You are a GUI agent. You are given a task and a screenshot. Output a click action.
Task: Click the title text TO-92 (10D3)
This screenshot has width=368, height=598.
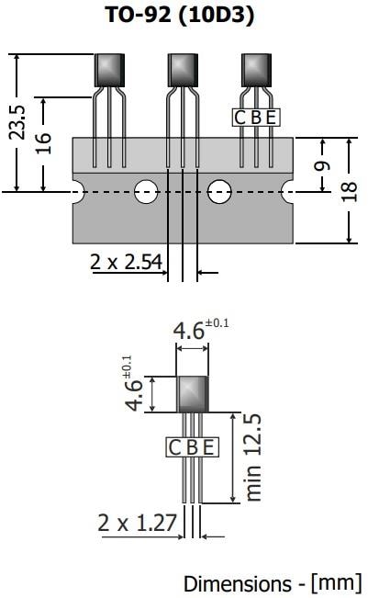tap(184, 16)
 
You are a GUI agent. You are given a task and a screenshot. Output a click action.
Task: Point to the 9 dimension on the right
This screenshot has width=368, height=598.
tap(322, 164)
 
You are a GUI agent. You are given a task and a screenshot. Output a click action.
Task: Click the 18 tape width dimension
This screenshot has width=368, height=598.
tap(350, 190)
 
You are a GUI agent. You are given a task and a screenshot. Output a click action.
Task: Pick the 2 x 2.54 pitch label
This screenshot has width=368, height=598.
tap(126, 263)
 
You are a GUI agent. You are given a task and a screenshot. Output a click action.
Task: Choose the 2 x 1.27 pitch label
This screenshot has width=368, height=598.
tap(137, 523)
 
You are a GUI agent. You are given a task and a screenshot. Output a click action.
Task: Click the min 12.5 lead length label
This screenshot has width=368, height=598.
tap(254, 457)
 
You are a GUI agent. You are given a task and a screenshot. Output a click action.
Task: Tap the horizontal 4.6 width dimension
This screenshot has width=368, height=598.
tap(189, 331)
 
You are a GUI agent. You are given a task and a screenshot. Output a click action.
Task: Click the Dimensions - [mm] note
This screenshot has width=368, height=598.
tap(273, 583)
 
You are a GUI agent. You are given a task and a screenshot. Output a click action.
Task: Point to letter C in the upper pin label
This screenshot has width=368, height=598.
tap(240, 118)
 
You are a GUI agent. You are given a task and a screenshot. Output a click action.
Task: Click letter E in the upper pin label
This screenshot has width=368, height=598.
tap(271, 118)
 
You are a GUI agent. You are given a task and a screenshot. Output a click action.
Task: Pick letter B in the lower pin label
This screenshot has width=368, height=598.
tap(192, 447)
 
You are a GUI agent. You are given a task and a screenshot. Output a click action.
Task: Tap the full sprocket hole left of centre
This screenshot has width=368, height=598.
tap(145, 191)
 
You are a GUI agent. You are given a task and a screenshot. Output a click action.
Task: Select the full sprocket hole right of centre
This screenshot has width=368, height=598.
tap(219, 191)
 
